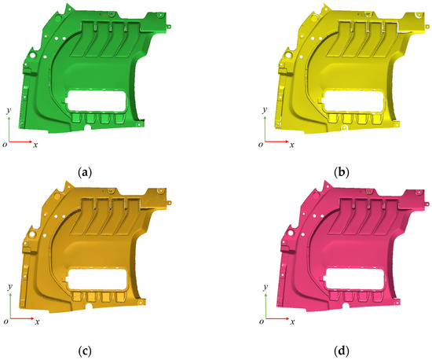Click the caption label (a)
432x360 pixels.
pos(85,173)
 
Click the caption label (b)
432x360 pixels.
pos(342,173)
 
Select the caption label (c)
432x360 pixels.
pos(85,351)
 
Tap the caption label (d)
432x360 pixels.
pos(342,351)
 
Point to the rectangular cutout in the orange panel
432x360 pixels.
pos(97,279)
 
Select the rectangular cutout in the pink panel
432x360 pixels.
pos(353,279)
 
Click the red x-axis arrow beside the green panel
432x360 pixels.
pos(20,142)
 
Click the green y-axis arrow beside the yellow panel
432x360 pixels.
pos(265,129)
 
